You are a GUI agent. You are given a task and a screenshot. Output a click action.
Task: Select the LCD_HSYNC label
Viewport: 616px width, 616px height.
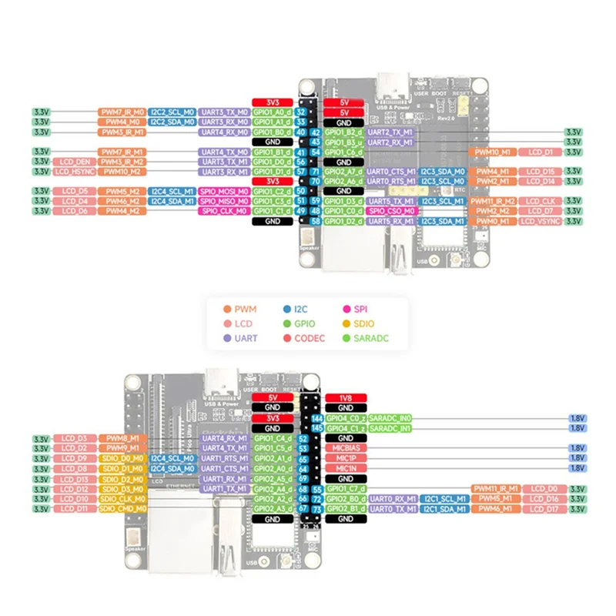click(x=75, y=172)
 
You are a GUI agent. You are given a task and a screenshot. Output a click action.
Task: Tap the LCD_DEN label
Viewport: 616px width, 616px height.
click(x=75, y=162)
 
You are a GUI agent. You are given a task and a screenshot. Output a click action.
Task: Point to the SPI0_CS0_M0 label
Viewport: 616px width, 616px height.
click(x=391, y=211)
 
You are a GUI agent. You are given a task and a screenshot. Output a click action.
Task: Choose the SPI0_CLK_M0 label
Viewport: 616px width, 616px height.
click(x=223, y=211)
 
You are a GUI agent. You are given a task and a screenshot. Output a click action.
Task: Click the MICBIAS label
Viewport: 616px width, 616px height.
click(x=345, y=447)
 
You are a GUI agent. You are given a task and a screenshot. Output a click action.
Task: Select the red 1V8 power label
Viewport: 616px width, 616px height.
click(x=345, y=397)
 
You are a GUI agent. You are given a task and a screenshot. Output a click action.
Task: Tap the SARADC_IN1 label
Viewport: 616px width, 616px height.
click(x=390, y=427)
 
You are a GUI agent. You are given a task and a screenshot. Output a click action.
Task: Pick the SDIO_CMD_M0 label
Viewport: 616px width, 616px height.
click(x=122, y=508)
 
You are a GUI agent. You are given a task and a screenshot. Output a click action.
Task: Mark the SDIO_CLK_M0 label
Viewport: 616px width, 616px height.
click(x=122, y=498)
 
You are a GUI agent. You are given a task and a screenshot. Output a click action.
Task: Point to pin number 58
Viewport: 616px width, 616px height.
click(x=316, y=221)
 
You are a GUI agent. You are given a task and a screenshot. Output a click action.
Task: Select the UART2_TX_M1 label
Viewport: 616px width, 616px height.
click(x=390, y=132)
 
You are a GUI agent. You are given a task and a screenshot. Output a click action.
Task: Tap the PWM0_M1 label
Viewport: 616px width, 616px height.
click(x=490, y=221)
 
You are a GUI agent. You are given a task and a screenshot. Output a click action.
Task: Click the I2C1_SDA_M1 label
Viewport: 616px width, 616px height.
click(x=444, y=508)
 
